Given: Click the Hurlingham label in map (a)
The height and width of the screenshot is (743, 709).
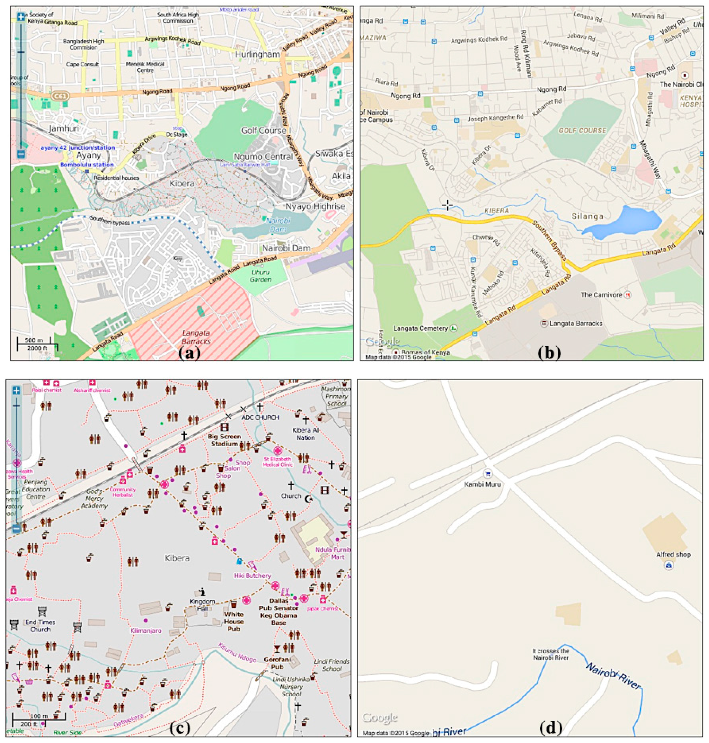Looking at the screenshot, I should [258, 54].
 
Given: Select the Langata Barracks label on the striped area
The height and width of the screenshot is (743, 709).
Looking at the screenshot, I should [196, 337].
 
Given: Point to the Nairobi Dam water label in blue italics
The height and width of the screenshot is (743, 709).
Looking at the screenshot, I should [278, 225].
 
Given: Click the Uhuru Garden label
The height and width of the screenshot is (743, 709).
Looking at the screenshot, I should [260, 276].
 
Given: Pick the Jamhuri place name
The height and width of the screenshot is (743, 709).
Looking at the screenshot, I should [64, 129].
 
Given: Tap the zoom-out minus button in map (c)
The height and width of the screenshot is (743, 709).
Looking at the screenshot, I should [16, 528].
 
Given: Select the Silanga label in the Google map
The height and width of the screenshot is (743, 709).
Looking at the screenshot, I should [587, 216].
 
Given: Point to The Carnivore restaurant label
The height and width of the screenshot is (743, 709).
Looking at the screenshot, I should [601, 295].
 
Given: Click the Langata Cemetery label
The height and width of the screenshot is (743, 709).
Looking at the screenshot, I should [420, 328].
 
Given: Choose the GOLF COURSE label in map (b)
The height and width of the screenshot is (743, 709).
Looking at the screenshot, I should [582, 131].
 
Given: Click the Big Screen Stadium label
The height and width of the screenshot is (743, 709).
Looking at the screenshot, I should [224, 440].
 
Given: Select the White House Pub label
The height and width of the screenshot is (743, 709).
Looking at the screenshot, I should [234, 621].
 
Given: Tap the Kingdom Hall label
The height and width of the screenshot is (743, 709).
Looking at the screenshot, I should [202, 605].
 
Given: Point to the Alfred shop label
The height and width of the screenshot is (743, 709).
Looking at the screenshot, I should [673, 555].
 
